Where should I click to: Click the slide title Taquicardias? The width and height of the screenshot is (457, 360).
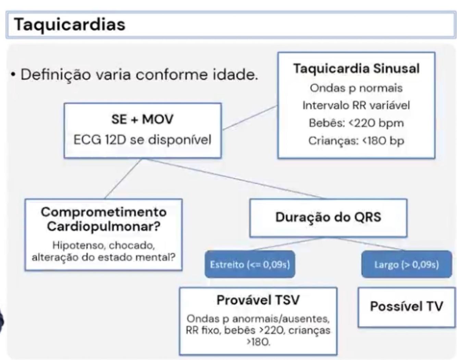pyautogui.click(x=70, y=24)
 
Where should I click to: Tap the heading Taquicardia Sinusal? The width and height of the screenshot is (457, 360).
pyautogui.click(x=356, y=69)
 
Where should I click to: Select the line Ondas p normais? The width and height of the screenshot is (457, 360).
pyautogui.click(x=356, y=88)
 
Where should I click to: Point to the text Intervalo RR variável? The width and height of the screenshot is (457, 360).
pyautogui.click(x=356, y=105)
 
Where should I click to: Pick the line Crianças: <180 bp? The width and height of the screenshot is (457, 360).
pyautogui.click(x=356, y=141)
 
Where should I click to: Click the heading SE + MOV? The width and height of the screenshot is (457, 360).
pyautogui.click(x=142, y=119)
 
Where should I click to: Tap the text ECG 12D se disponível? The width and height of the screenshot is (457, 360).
pyautogui.click(x=142, y=140)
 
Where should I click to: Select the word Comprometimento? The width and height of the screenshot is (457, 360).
pyautogui.click(x=103, y=212)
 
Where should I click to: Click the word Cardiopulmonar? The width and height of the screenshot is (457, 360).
pyautogui.click(x=103, y=226)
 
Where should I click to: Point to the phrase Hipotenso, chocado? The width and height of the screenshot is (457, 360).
pyautogui.click(x=103, y=245)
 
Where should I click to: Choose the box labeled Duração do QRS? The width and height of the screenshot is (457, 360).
pyautogui.click(x=328, y=217)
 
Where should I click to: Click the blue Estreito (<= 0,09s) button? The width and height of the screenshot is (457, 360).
pyautogui.click(x=250, y=264)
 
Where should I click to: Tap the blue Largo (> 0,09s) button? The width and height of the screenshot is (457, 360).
pyautogui.click(x=407, y=264)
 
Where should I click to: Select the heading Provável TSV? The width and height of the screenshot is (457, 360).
pyautogui.click(x=258, y=300)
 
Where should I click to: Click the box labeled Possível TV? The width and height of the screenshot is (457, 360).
pyautogui.click(x=406, y=306)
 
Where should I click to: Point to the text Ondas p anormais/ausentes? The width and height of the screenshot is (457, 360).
pyautogui.click(x=258, y=319)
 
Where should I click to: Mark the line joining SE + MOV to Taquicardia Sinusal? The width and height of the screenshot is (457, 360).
pyautogui.click(x=250, y=118)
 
